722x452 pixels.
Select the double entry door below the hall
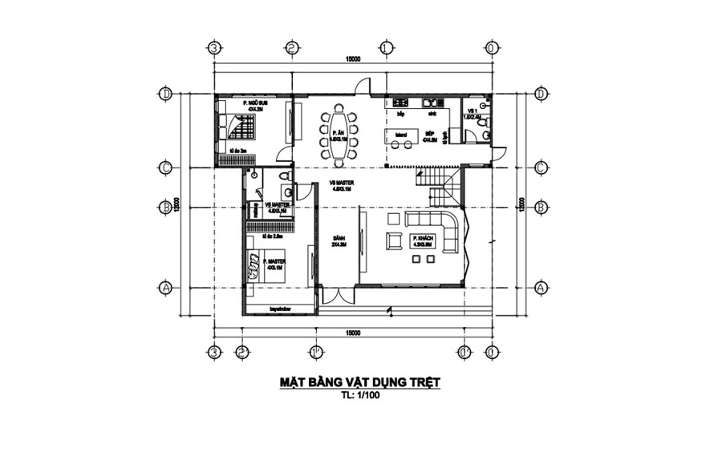pos(338,294)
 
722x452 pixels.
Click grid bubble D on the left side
pos(166,95)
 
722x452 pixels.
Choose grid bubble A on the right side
pos(540,286)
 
